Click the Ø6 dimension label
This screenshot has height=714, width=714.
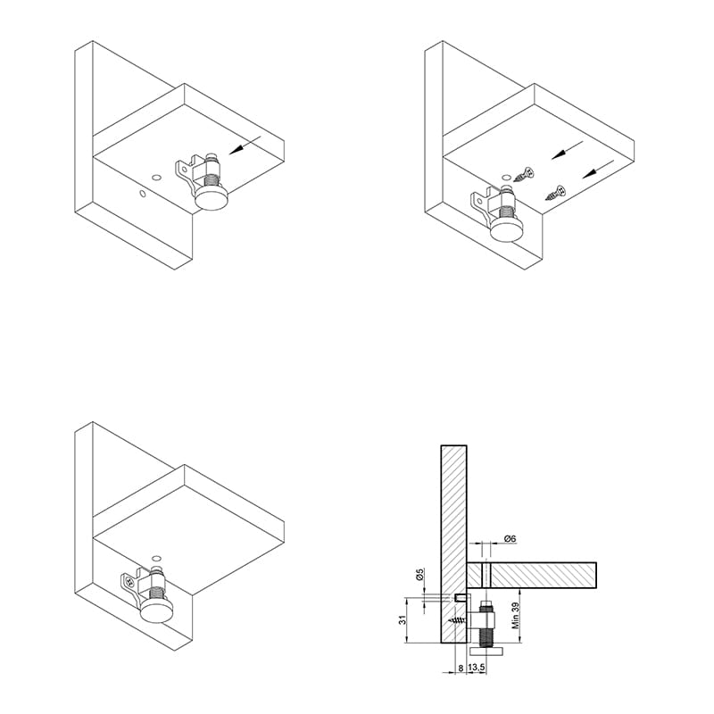coord(510,539)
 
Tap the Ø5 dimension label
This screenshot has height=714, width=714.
coord(419,574)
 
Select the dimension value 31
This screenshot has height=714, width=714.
coord(403,619)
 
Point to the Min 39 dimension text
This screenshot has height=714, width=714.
coord(516,615)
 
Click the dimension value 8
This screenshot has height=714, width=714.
coord(461,668)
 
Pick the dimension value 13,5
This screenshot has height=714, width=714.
coord(477,668)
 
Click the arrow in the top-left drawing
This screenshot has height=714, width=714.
coord(245,145)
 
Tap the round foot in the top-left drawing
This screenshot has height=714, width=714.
coord(211,198)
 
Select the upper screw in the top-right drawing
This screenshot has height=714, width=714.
coord(524,175)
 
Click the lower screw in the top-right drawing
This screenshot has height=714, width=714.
coord(555,193)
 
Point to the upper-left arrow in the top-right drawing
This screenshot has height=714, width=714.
coord(568,150)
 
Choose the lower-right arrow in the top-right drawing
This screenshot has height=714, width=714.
coord(598,169)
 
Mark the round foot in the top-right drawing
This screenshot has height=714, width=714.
coord(507,231)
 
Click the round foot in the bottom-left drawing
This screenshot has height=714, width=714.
coord(157,610)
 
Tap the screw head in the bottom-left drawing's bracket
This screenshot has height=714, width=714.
coord(130,582)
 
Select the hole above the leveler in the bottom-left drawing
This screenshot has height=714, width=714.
coord(157,558)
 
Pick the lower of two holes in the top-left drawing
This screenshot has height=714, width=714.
coord(143,194)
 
